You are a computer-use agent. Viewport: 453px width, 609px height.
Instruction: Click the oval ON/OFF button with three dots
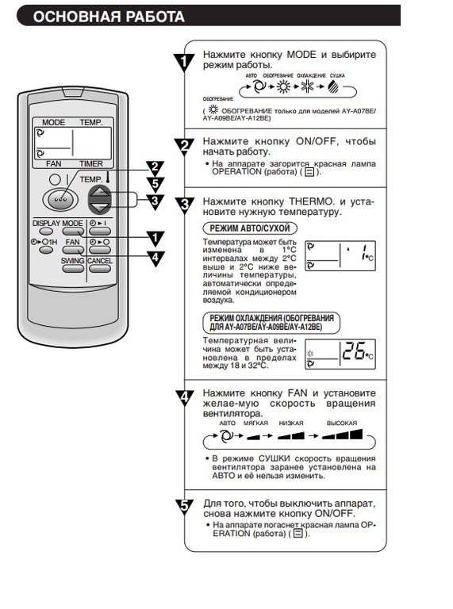pyautogui.click(x=60, y=199)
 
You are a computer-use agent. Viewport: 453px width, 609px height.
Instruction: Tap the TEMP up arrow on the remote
pyautogui.click(x=100, y=192)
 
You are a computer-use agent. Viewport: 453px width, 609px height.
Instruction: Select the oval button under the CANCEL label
pyautogui.click(x=99, y=268)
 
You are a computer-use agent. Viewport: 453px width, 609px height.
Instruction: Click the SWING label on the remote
pyautogui.click(x=72, y=261)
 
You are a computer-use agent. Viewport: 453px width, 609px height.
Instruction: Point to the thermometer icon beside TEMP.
pyautogui.click(x=107, y=178)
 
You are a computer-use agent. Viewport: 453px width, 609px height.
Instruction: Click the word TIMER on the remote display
pyautogui.click(x=91, y=163)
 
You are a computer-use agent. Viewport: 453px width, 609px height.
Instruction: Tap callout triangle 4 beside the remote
pyautogui.click(x=155, y=259)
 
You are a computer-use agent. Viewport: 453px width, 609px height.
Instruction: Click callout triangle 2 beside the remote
pyautogui.click(x=155, y=168)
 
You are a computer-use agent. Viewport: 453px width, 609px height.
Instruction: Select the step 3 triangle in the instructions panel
pyautogui.click(x=185, y=205)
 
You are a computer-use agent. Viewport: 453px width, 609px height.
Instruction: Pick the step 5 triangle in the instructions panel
pyautogui.click(x=185, y=507)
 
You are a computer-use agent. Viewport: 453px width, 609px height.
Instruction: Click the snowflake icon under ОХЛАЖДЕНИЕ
pyautogui.click(x=307, y=86)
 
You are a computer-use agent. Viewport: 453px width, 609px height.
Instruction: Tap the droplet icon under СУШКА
pyautogui.click(x=333, y=87)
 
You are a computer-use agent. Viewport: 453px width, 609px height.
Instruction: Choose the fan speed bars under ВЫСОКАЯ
pyautogui.click(x=342, y=435)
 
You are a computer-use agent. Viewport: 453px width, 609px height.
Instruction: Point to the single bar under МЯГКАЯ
pyautogui.click(x=253, y=437)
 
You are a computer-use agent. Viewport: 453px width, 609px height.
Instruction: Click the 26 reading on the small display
pyautogui.click(x=354, y=351)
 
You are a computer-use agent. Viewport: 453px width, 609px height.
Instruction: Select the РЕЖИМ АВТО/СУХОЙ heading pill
pyautogui.click(x=250, y=228)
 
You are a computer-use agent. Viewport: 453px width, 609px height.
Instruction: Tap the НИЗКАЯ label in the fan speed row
pyautogui.click(x=291, y=423)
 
